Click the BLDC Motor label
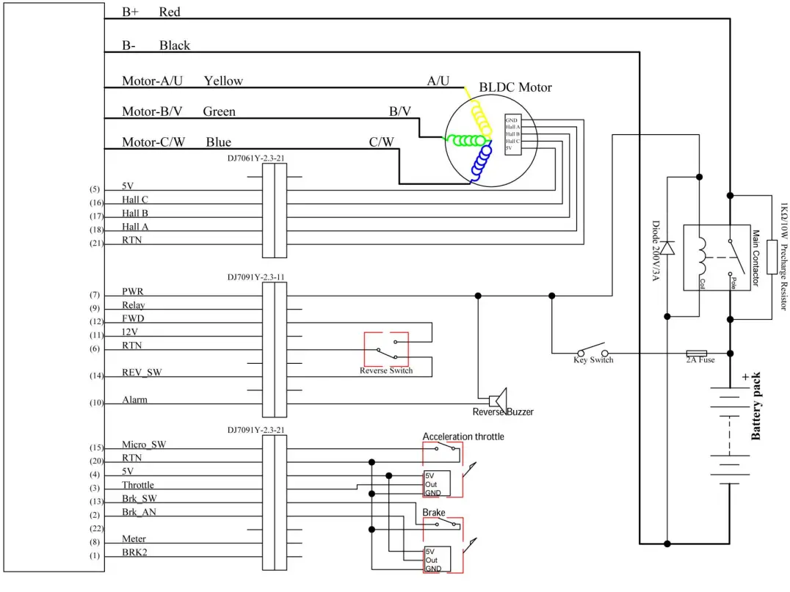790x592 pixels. [x=515, y=87]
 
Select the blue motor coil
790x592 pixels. [x=483, y=162]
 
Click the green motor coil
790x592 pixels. [x=466, y=140]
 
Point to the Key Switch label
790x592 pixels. [x=592, y=360]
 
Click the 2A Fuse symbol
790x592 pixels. [x=695, y=352]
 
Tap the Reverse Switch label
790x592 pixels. [x=386, y=370]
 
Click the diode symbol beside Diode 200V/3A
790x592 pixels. [x=667, y=227]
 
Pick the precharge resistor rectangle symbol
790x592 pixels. [x=772, y=257]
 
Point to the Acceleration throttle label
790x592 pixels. [x=463, y=436]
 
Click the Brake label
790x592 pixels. [x=433, y=512]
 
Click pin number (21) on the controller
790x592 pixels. [x=95, y=243]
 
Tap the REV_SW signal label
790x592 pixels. [x=142, y=373]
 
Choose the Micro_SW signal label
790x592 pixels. [x=144, y=445]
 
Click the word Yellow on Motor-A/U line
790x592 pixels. [x=223, y=81]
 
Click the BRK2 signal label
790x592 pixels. [x=134, y=552]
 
